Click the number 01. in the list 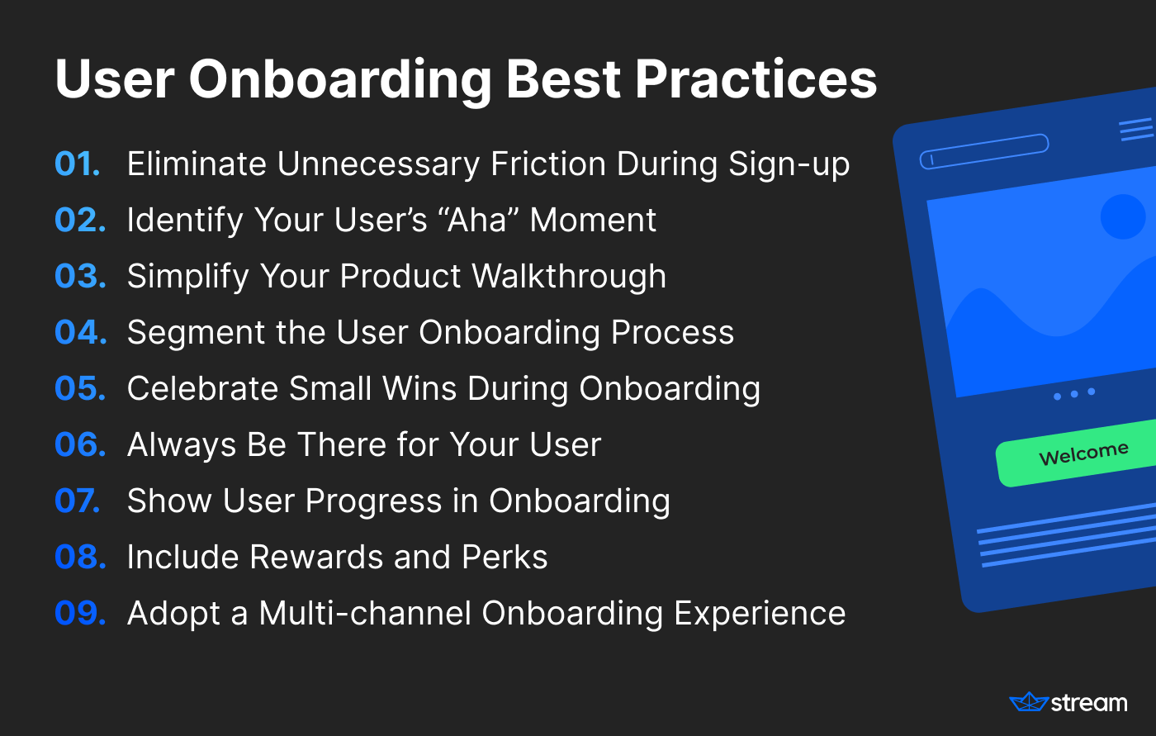pyautogui.click(x=78, y=164)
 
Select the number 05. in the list pyautogui.click(x=81, y=388)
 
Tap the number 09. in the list pyautogui.click(x=81, y=613)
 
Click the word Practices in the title pyautogui.click(x=756, y=79)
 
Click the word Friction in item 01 pyautogui.click(x=548, y=164)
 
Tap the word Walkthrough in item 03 pyautogui.click(x=569, y=276)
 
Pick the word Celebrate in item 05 pyautogui.click(x=203, y=388)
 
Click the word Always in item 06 pyautogui.click(x=182, y=445)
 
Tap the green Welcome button pyautogui.click(x=1078, y=454)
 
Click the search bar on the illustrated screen pyautogui.click(x=984, y=151)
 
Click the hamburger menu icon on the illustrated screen pyautogui.click(x=1137, y=129)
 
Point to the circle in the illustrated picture pyautogui.click(x=1123, y=216)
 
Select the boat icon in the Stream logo pyautogui.click(x=1029, y=702)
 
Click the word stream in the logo pyautogui.click(x=1089, y=703)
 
